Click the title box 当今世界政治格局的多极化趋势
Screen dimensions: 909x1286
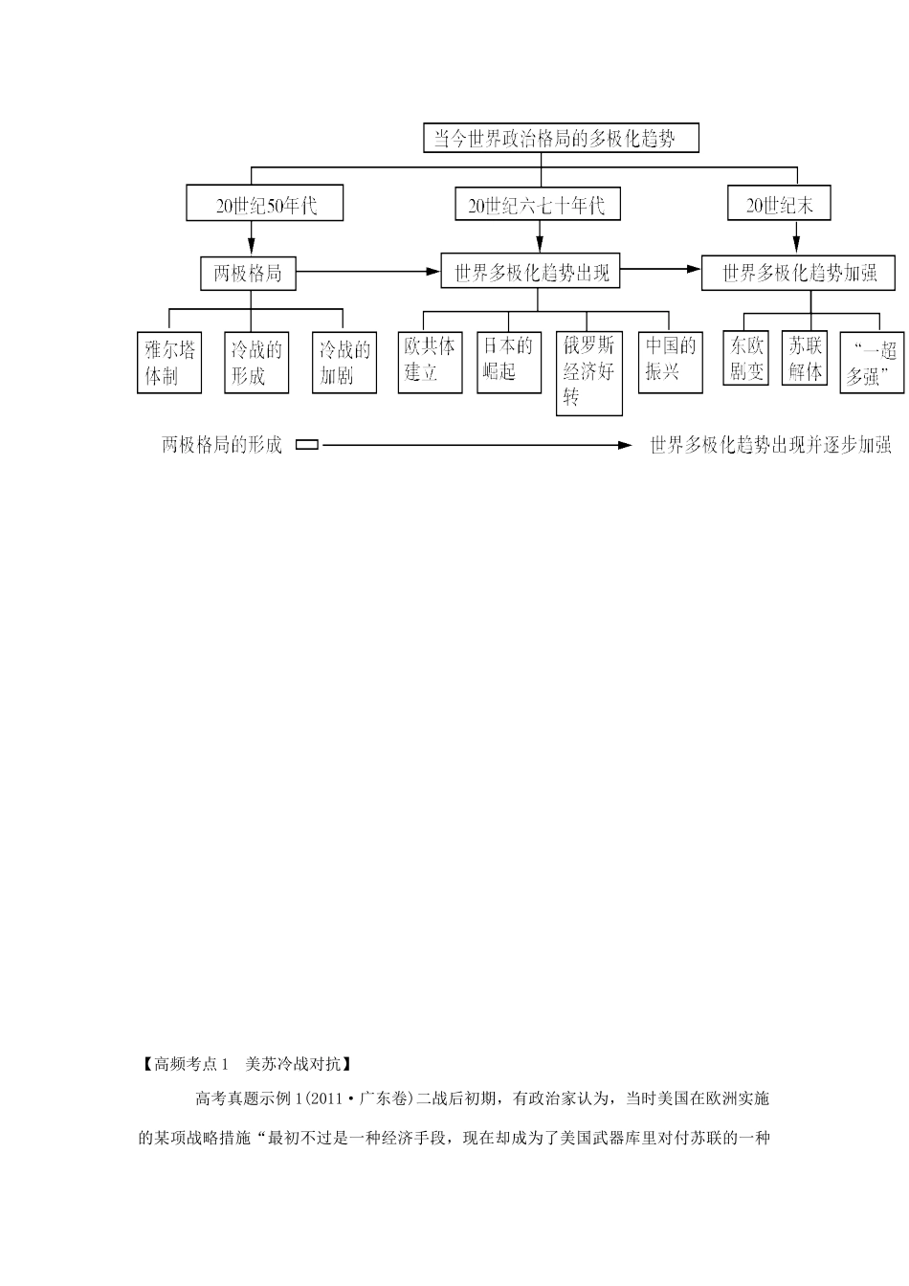(561, 139)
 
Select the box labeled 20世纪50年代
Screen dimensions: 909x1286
(265, 205)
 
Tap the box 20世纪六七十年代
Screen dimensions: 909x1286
(537, 205)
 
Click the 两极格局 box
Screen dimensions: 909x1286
(248, 274)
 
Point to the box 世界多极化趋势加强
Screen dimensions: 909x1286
(797, 273)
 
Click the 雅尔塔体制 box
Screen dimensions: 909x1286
(168, 362)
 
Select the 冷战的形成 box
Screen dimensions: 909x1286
(255, 362)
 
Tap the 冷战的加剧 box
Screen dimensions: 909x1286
(344, 362)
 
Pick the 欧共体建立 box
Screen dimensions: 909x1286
(428, 361)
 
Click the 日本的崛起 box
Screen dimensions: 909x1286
(506, 361)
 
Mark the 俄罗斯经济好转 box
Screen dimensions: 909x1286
(588, 372)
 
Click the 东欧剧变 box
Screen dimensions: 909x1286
(746, 358)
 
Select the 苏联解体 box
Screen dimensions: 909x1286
(805, 358)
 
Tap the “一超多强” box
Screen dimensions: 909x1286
(872, 362)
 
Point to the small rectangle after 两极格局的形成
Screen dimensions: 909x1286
(307, 445)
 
